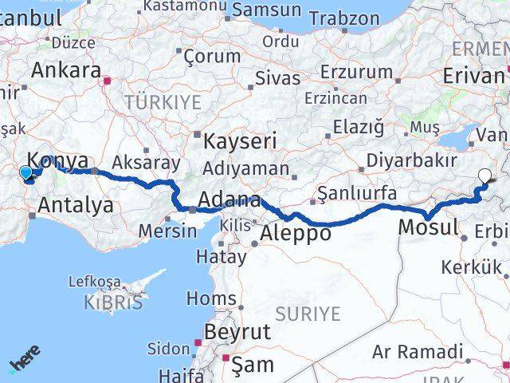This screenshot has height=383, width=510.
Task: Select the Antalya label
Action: (76, 205)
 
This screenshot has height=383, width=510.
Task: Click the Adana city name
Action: (230, 199)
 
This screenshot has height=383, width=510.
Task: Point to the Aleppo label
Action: (296, 233)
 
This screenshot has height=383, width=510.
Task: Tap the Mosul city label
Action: (430, 227)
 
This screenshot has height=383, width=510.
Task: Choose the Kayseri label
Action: (240, 143)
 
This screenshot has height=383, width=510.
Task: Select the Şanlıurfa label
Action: (356, 192)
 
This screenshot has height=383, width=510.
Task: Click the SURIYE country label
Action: (308, 314)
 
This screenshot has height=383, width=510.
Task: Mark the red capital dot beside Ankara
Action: (108, 80)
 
